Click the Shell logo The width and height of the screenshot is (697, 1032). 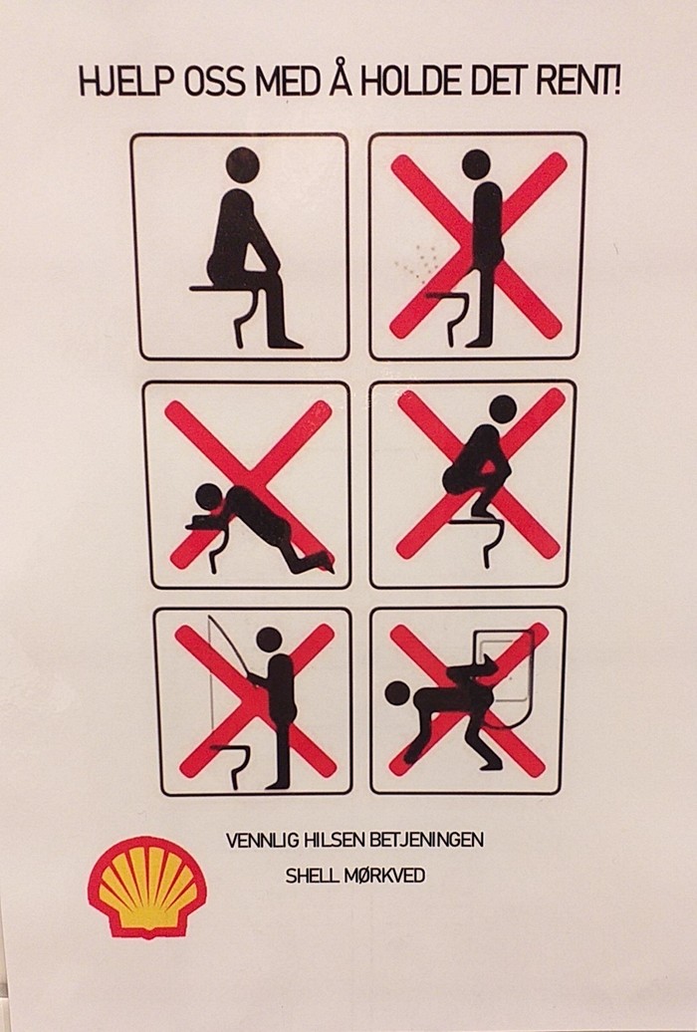point(146,886)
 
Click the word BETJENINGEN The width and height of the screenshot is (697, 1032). point(418,840)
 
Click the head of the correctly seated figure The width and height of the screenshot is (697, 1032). point(242,164)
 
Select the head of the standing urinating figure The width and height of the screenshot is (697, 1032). point(476,164)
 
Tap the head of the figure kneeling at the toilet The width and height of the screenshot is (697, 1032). point(210,498)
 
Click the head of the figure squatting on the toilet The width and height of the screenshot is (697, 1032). point(503,409)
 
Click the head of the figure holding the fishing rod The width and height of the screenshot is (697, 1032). point(269,640)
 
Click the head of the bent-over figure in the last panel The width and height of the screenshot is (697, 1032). point(397,693)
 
